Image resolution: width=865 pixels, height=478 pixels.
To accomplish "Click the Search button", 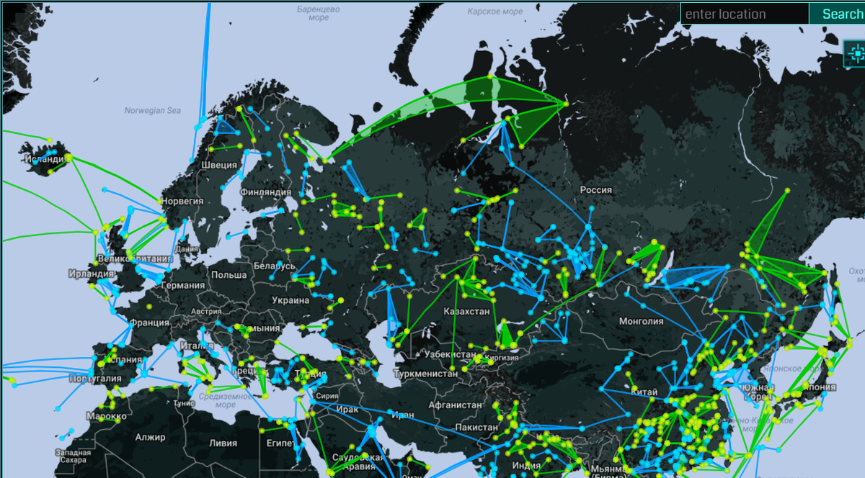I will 839,14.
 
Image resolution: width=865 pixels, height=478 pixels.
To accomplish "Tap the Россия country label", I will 595,190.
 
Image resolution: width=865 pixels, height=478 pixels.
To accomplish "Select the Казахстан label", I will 466,312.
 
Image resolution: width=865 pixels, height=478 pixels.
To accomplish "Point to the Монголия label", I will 641,321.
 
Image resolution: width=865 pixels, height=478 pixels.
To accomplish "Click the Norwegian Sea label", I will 152,111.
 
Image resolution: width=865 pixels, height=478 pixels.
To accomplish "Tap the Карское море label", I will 494,12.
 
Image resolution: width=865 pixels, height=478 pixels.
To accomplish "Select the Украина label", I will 290,300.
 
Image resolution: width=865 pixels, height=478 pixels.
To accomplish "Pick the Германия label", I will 182,286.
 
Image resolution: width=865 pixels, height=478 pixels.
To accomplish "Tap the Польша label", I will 229,275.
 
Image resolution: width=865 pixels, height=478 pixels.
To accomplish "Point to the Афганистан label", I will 454,405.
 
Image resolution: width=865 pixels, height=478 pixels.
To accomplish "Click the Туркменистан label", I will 425,374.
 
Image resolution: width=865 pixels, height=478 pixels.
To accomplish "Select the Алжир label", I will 150,437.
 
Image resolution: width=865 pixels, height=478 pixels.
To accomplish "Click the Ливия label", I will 223,443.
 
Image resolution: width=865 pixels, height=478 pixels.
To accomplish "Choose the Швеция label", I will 218,165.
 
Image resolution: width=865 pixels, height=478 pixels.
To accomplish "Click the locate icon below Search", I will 856,51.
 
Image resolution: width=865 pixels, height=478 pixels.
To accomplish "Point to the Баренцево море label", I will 319,13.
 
